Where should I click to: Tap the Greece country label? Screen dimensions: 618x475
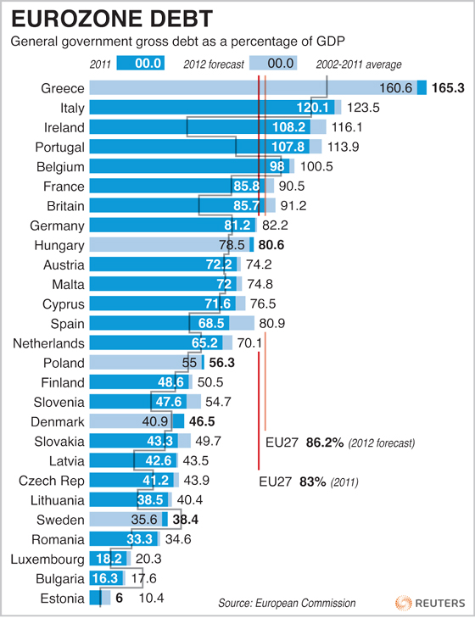tap(62, 88)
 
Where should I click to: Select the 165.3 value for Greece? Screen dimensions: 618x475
tap(449, 88)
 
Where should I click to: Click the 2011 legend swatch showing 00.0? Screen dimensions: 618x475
tap(139, 64)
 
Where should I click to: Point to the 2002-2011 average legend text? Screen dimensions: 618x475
tap(359, 64)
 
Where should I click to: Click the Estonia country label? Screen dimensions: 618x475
tap(62, 599)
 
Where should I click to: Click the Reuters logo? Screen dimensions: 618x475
tap(429, 602)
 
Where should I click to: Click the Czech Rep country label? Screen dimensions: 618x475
tap(51, 481)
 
